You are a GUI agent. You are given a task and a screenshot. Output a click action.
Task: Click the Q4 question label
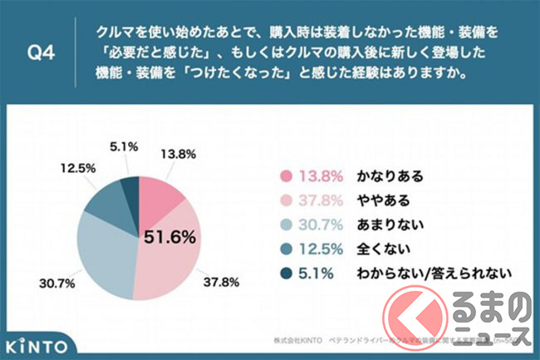pos(43,52)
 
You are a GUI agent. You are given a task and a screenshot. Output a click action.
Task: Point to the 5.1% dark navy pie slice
pos(129,190)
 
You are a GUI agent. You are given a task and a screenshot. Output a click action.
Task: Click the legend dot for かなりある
pos(287,177)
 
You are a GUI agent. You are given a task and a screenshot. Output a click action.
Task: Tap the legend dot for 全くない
pos(287,249)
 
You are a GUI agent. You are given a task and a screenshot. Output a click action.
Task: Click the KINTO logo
pos(38,343)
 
